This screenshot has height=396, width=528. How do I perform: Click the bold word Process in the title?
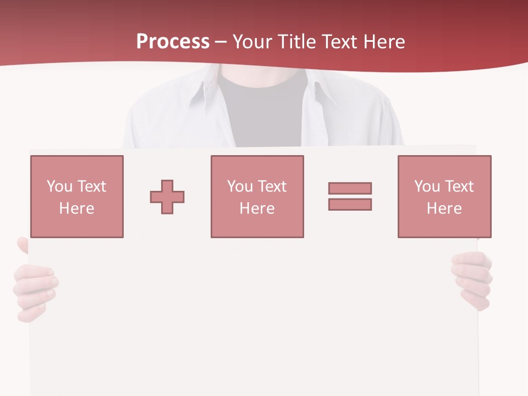[173, 41]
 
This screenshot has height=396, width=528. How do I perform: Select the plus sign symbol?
[167, 197]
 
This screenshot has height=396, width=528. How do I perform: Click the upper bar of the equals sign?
[350, 188]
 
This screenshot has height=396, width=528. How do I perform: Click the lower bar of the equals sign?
[350, 204]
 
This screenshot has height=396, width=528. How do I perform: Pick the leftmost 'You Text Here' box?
[76, 196]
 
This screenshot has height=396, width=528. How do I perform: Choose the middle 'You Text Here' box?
[257, 196]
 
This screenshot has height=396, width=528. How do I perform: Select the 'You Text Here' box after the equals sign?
[444, 196]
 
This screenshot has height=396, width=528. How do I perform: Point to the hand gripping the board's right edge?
[472, 279]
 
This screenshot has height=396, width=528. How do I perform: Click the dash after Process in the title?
[221, 42]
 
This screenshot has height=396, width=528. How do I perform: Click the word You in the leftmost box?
[59, 186]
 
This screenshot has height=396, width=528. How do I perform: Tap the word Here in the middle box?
[257, 208]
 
